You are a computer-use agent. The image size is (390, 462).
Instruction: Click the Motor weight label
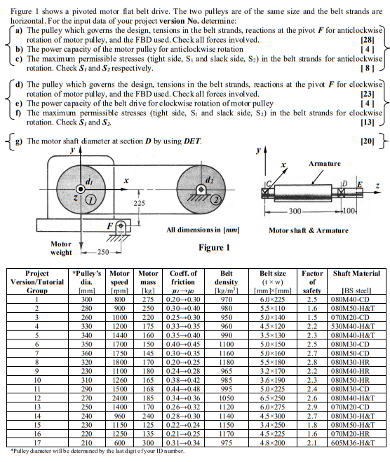click(x=60, y=248)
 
